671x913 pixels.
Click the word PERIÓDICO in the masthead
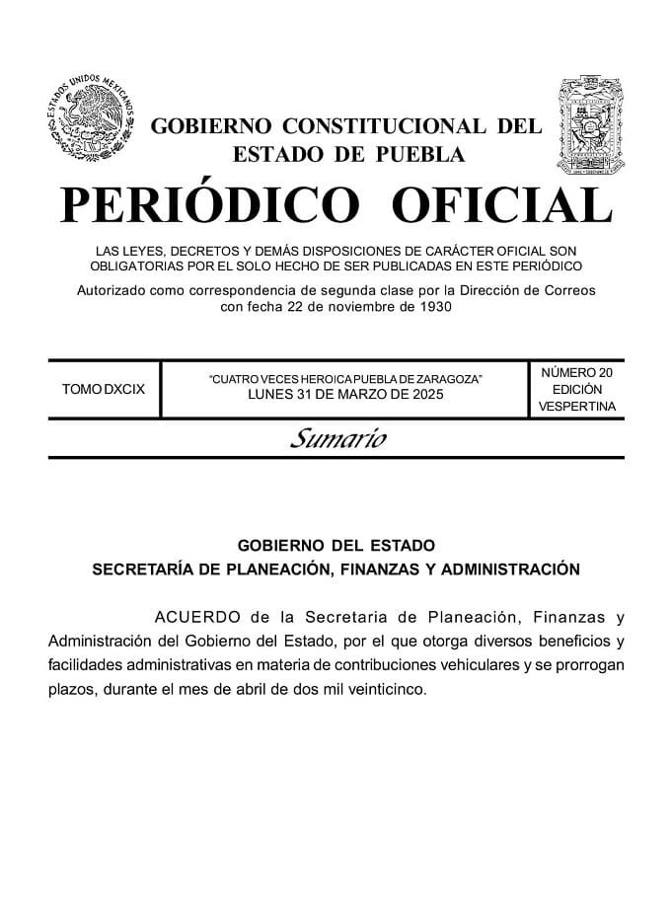[209, 205]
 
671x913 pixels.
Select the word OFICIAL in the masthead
[501, 205]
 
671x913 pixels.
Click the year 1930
[435, 306]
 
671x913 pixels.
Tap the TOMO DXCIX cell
[104, 389]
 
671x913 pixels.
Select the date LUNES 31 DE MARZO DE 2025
[345, 395]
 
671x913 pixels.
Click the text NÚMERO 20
[577, 372]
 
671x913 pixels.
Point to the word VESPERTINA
[577, 406]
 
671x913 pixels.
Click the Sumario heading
[336, 439]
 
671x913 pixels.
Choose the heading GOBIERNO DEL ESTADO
[335, 545]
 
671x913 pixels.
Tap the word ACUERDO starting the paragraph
[197, 618]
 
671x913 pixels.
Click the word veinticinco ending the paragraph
[386, 689]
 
